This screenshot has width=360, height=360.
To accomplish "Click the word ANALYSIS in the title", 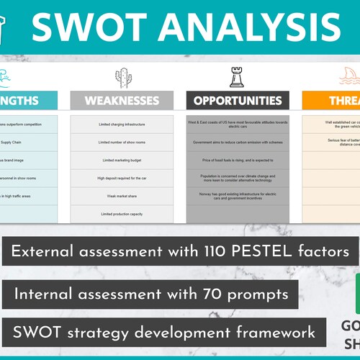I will click(x=246, y=27).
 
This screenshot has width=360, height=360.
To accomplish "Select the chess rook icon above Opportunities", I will click(x=236, y=77).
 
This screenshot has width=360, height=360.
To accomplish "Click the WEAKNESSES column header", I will click(x=122, y=101).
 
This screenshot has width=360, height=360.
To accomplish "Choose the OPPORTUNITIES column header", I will click(x=238, y=101).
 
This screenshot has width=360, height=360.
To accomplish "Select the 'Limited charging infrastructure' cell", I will click(x=122, y=124).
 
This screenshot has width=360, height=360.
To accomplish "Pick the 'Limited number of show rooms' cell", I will click(x=122, y=141).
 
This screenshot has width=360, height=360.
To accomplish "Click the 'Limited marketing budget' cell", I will click(x=122, y=159).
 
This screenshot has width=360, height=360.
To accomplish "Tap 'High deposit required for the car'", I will click(x=122, y=177).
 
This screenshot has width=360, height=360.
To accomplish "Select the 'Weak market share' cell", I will click(x=122, y=195).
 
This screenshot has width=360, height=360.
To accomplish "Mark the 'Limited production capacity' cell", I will click(x=122, y=214).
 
